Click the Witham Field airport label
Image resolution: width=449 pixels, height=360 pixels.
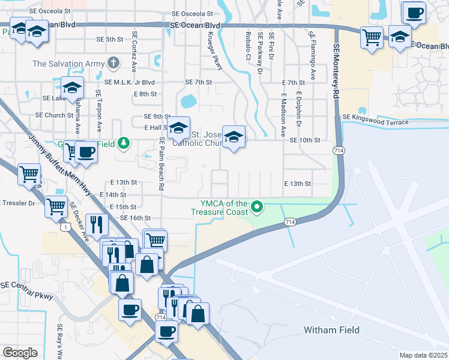pos(331,330)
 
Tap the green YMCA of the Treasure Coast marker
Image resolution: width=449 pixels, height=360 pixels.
pos(258,208)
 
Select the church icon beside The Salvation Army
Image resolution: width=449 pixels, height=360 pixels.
pos(113,63)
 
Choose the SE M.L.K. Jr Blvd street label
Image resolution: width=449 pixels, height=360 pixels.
pos(130,82)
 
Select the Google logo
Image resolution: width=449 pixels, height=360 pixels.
pos(20,352)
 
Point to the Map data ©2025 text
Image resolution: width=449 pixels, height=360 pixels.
pos(423,355)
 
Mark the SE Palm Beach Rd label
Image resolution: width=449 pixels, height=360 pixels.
pos(161,164)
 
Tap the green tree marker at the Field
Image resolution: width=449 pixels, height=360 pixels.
pos(123,143)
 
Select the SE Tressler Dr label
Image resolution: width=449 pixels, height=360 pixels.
pos(17,203)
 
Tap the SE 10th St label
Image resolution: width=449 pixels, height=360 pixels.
pos(305,140)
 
